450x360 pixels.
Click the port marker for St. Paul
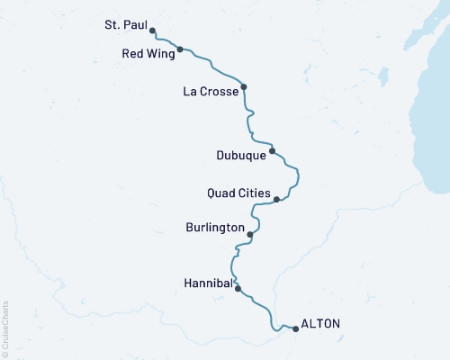[152, 31]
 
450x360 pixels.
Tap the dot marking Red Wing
[181, 49]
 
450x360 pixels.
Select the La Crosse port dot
[244, 87]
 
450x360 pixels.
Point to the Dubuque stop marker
[272, 151]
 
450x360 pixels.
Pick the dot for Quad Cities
[276, 200]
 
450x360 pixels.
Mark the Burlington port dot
[249, 235]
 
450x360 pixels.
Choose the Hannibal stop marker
[238, 289]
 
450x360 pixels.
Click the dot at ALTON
[295, 328]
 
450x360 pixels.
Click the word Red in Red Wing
[133, 53]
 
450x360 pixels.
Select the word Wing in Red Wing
[159, 53]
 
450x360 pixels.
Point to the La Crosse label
[210, 91]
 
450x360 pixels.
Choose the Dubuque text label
[241, 155]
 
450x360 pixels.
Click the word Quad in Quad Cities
[222, 193]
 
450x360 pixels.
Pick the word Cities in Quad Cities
[254, 193]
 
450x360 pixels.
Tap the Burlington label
[215, 229]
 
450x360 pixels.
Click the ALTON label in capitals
[321, 324]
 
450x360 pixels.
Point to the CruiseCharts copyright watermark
[5, 328]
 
